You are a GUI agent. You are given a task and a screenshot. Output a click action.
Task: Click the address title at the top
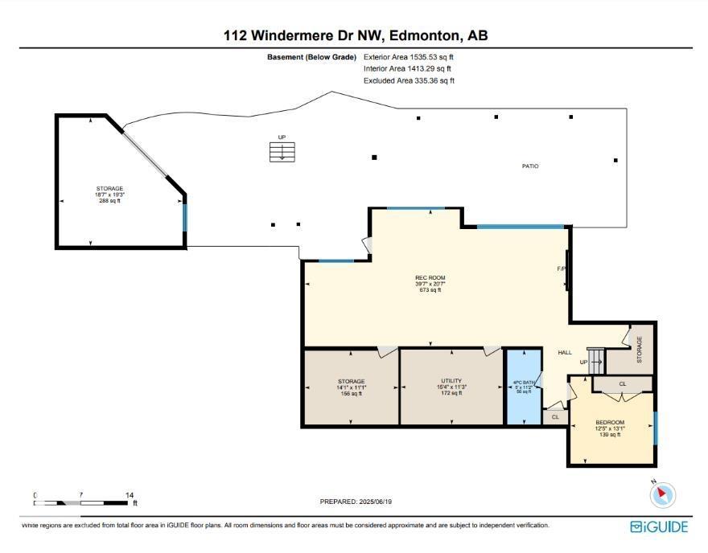click(x=355, y=35)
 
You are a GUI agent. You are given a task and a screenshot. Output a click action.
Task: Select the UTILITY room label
click(x=451, y=381)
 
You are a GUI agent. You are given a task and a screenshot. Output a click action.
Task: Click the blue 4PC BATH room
click(x=523, y=386)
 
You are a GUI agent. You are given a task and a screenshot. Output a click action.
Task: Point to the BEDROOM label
click(x=609, y=422)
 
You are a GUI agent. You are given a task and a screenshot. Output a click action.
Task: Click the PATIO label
click(x=529, y=166)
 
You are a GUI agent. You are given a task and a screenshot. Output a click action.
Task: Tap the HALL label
click(x=565, y=352)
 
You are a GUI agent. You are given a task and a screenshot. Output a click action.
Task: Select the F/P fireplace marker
click(x=562, y=268)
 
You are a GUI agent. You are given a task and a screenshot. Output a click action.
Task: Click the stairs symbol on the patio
click(x=282, y=152)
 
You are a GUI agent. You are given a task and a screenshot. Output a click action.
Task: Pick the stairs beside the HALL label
click(x=595, y=357)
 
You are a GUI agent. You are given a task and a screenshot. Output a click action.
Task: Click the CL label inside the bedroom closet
click(x=623, y=384)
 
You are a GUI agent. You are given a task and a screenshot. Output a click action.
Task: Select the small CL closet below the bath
click(x=555, y=417)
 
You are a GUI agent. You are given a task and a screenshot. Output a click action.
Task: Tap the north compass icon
click(x=663, y=494)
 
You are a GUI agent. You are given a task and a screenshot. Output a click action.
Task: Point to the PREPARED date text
click(x=356, y=502)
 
